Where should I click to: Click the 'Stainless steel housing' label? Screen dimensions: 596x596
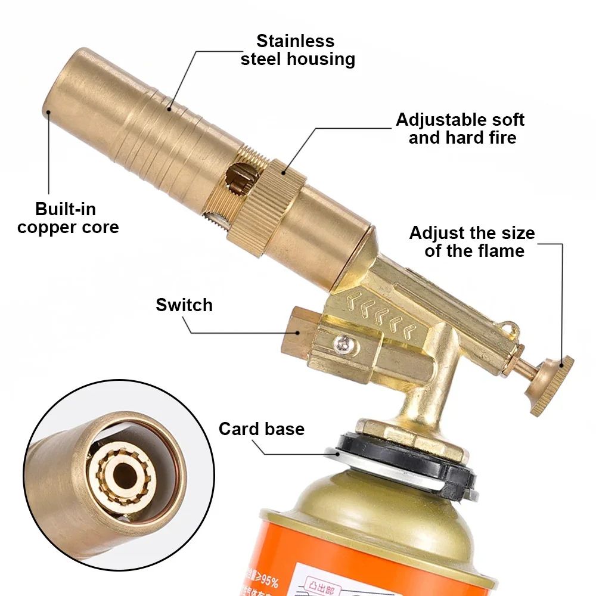[x=297, y=50]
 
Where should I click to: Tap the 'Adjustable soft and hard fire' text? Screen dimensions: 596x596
[x=460, y=128]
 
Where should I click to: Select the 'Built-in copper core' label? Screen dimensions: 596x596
[x=68, y=218]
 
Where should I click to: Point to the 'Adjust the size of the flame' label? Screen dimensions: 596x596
[x=472, y=241]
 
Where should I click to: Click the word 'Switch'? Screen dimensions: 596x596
[x=184, y=305]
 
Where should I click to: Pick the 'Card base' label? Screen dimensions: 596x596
[x=261, y=429]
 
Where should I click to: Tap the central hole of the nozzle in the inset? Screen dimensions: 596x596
[x=127, y=473]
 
